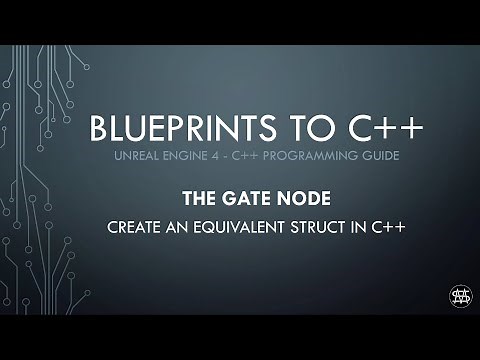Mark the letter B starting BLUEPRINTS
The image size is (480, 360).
[98, 129]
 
